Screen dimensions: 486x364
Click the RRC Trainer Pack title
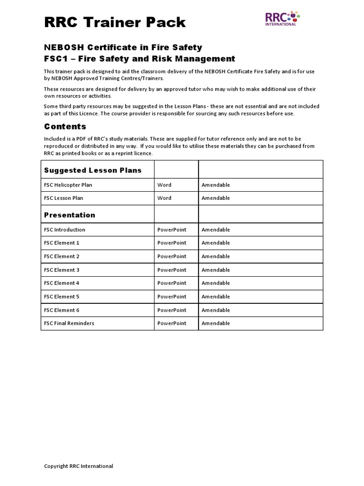click(x=115, y=22)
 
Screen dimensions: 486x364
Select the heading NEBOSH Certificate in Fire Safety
click(x=123, y=47)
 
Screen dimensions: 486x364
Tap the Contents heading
click(x=65, y=126)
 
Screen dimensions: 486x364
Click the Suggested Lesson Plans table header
click(x=93, y=170)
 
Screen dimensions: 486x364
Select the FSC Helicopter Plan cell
click(x=68, y=185)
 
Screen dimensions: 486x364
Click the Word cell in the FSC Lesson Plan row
click(x=164, y=198)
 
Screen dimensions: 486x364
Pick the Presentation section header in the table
click(x=70, y=215)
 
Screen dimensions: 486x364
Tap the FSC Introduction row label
click(x=65, y=230)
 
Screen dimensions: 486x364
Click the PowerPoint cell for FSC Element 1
click(x=172, y=243)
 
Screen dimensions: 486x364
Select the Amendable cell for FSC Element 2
click(x=216, y=256)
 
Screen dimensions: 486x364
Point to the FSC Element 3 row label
click(x=62, y=270)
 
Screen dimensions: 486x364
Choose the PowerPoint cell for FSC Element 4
click(x=172, y=283)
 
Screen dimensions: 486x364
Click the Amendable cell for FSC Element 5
click(x=216, y=297)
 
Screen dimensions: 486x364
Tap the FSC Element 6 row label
click(x=62, y=310)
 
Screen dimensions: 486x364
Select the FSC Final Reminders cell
click(x=69, y=323)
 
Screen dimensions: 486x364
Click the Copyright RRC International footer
click(x=79, y=466)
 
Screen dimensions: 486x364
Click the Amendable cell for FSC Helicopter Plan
click(x=216, y=185)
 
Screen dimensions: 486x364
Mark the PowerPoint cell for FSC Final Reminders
click(x=172, y=323)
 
